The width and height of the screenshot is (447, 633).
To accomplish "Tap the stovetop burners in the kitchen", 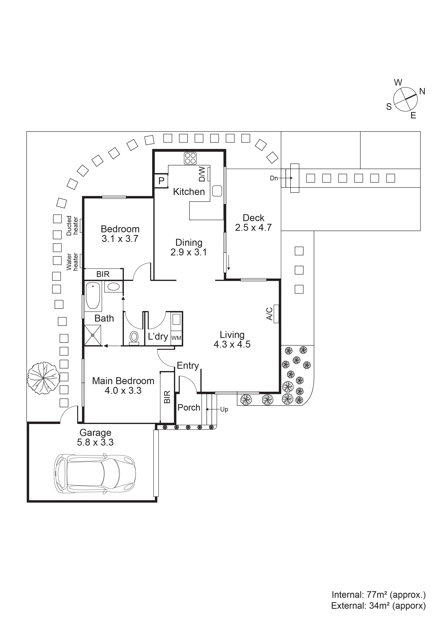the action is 190,158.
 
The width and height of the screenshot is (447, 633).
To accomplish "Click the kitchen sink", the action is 217,191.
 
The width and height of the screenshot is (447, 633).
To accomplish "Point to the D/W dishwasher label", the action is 202,174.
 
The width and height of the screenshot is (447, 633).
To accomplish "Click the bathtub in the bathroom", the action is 93,296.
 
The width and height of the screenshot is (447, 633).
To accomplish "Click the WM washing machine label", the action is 176,338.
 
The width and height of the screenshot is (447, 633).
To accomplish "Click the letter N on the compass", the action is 422,91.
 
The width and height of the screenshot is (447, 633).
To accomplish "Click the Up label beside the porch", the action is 224,409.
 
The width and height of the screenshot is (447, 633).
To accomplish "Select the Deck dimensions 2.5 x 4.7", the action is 253,227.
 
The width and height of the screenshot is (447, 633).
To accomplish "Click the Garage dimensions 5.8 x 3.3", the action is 95,442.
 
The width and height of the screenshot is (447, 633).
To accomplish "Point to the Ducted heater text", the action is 72,226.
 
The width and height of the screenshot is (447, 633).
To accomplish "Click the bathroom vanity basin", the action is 113,287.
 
